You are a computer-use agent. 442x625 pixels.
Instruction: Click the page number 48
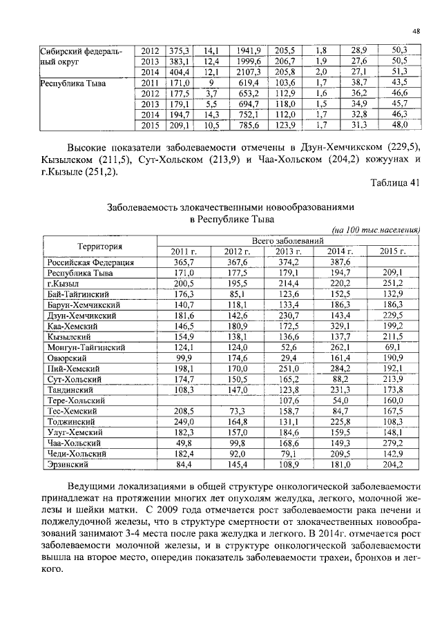(416, 30)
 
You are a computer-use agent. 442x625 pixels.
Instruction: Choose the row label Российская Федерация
(90, 262)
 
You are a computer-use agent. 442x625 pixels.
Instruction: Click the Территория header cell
(99, 246)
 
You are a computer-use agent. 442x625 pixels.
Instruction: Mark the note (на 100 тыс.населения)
(376, 230)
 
